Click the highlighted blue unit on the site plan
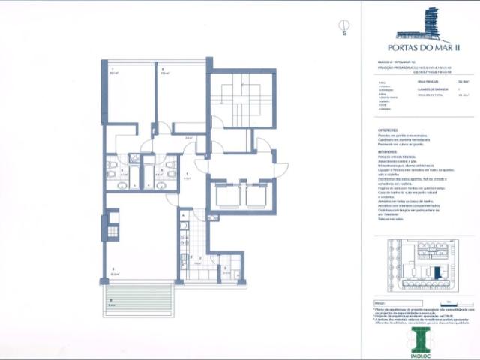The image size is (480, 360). (436, 271)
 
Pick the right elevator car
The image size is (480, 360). (257, 196)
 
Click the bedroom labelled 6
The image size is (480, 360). (180, 94)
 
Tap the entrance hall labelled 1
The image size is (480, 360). (188, 180)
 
